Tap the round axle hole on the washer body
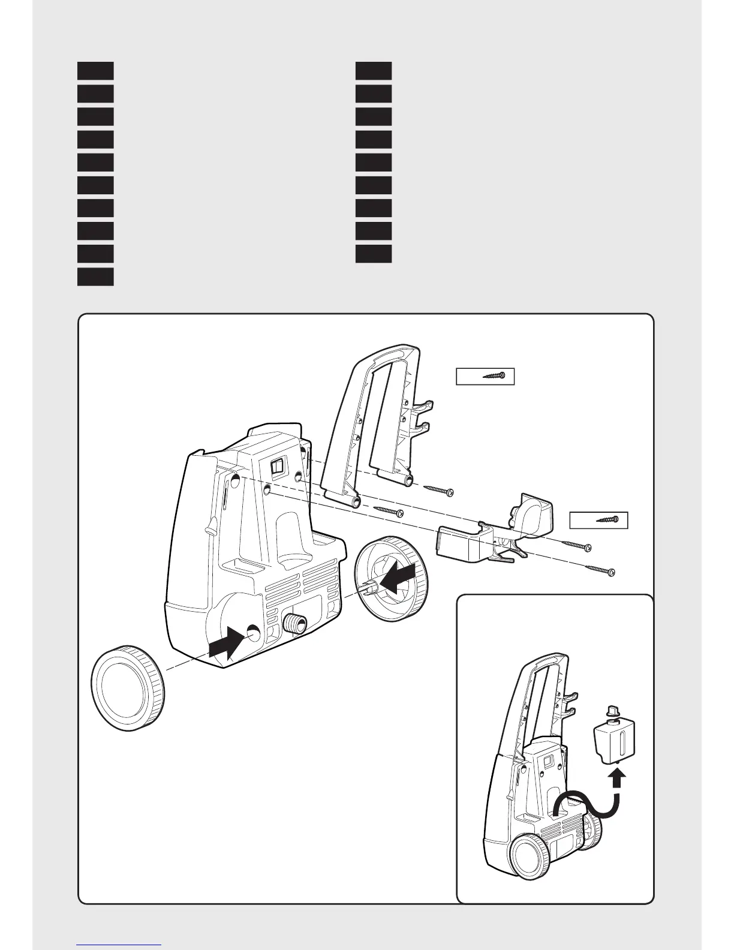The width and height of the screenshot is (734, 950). pos(253,633)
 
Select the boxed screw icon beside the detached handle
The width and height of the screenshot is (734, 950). pos(485,376)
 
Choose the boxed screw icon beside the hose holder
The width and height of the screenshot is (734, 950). pos(598,520)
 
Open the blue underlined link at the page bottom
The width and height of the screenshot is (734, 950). pos(119,945)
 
